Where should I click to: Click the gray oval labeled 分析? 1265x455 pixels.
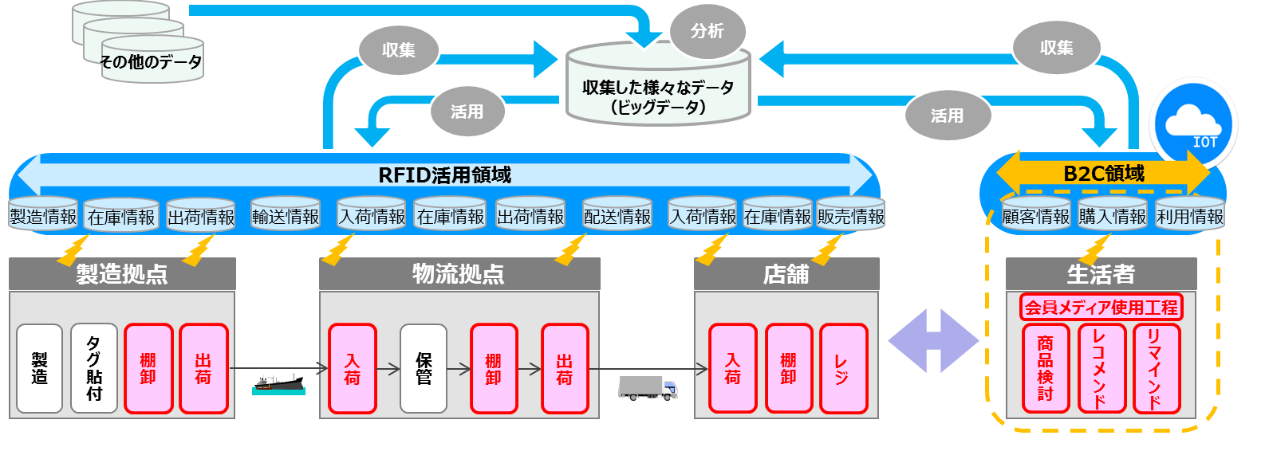[707, 31]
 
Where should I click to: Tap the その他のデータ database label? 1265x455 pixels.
[152, 61]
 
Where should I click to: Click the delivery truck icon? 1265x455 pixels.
[648, 388]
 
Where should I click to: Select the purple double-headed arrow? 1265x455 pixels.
[933, 340]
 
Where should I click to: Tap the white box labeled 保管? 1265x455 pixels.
[424, 369]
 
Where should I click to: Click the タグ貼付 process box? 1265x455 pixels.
[94, 369]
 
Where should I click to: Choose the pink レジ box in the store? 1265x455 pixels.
[843, 369]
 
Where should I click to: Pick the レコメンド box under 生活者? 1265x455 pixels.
[1101, 369]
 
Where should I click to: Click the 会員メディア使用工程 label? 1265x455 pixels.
[1101, 308]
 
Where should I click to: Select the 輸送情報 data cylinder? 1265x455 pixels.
[286, 216]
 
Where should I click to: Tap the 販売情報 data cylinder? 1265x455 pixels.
[851, 216]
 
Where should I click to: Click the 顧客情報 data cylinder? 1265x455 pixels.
[1035, 216]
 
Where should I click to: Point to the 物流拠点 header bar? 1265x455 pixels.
[459, 274]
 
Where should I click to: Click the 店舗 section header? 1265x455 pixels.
[786, 274]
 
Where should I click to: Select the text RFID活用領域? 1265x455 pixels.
[444, 175]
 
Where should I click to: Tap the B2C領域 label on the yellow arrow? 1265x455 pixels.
[1104, 173]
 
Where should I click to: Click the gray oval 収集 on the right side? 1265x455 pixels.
[1056, 48]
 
